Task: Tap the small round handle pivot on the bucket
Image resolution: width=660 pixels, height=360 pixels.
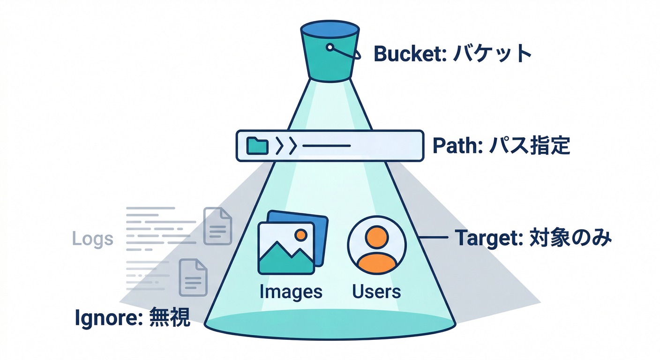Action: (x=330, y=47)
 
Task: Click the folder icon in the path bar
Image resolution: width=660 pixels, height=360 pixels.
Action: (x=257, y=146)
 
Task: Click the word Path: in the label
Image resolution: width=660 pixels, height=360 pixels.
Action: (x=454, y=146)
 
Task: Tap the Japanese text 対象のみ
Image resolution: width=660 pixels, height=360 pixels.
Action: (x=570, y=239)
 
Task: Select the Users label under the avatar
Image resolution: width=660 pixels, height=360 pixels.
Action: (x=376, y=292)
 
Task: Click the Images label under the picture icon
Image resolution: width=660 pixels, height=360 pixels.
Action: (x=291, y=292)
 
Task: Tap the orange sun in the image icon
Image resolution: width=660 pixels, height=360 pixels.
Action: (x=300, y=234)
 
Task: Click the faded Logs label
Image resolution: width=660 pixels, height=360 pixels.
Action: (x=92, y=239)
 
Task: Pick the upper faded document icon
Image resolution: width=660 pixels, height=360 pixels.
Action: (x=218, y=226)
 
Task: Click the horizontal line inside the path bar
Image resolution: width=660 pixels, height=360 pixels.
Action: (x=326, y=146)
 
